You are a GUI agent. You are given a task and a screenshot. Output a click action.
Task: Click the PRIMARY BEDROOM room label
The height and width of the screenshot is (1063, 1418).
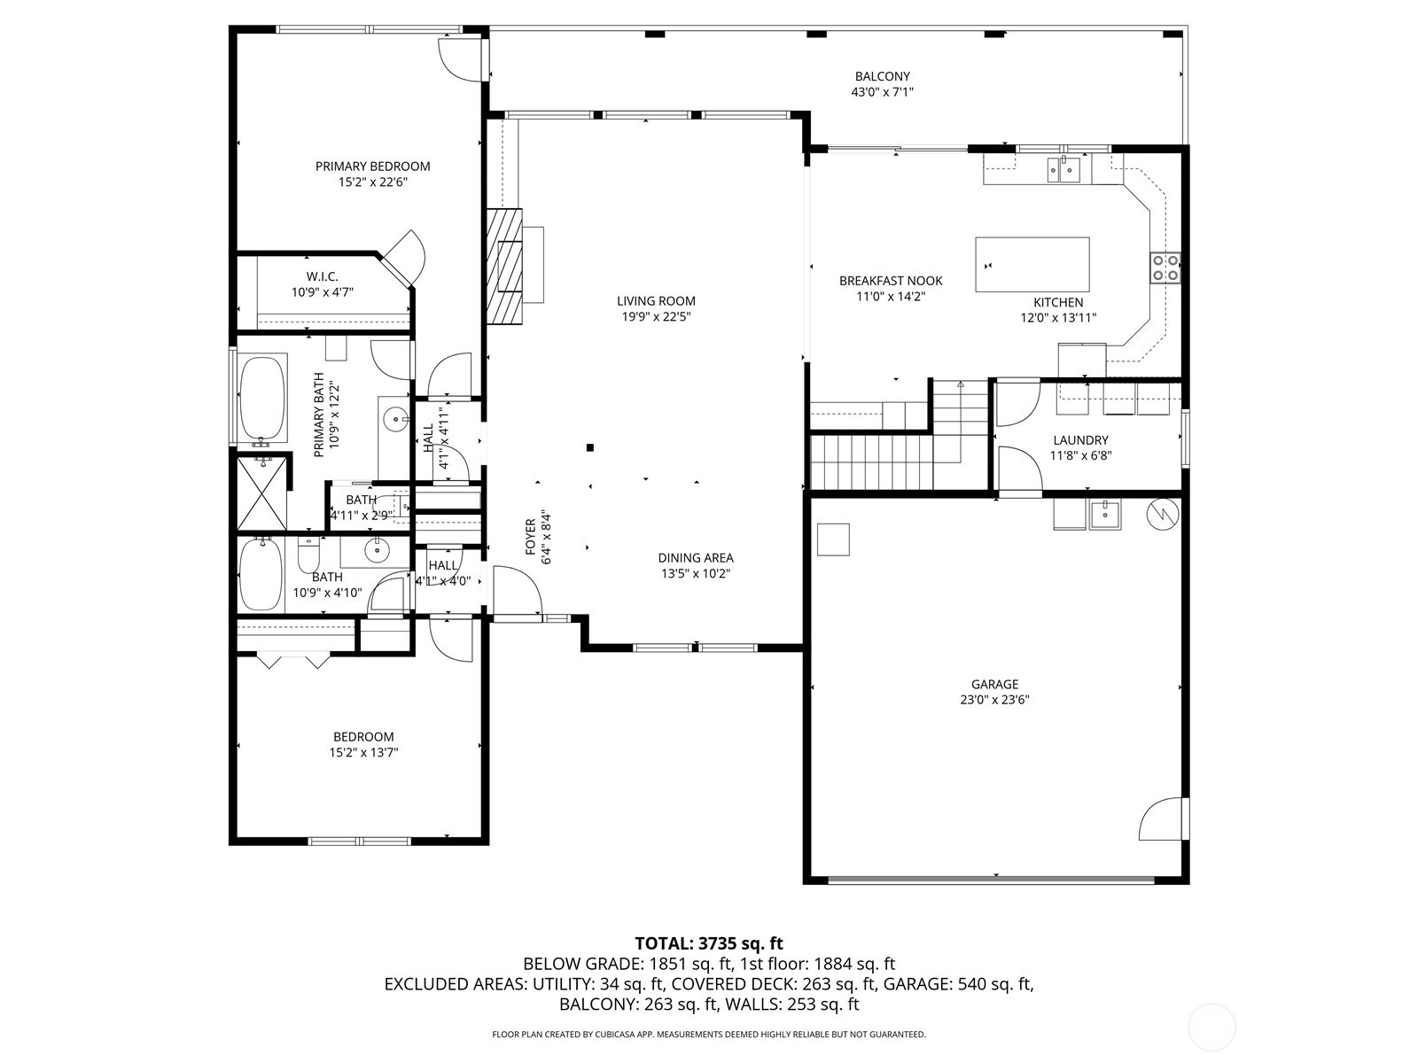point(372,167)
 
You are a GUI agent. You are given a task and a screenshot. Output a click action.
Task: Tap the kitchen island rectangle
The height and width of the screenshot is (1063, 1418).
point(1032,264)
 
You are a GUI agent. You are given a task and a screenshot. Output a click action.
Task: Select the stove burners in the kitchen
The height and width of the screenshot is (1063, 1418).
point(1165,267)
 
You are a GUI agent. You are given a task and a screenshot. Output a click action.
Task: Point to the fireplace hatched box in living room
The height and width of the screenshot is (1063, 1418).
point(504,266)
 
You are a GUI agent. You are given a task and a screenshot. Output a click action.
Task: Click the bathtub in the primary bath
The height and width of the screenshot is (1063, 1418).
point(262,400)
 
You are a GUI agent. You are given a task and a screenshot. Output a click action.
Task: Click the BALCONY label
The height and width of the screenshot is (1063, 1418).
point(882,77)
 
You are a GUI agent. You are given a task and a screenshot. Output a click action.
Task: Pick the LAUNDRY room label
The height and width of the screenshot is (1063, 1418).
point(1080,440)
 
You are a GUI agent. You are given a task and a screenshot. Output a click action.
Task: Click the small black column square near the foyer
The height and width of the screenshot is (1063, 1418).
point(590,447)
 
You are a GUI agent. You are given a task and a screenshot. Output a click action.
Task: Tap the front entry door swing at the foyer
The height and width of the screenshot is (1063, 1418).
point(517,590)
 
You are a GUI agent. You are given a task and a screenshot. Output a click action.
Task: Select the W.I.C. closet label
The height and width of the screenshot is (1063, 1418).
point(322,277)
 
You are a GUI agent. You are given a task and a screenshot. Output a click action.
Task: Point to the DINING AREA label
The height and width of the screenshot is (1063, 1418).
point(695,558)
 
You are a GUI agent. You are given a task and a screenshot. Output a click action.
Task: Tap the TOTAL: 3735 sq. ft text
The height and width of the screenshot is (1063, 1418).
point(708,943)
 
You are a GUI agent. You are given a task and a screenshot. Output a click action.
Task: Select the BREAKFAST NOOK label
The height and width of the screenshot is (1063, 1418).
point(890,281)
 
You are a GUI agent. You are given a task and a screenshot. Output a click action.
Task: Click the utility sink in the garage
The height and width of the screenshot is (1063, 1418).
point(1105,514)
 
